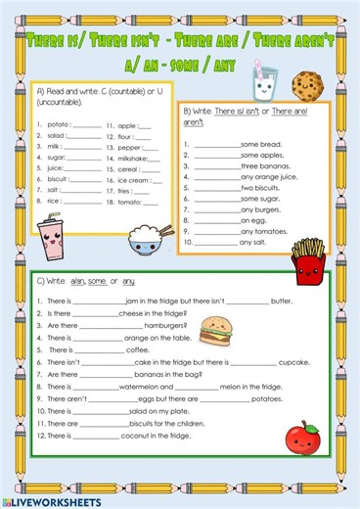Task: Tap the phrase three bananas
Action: [x=262, y=167]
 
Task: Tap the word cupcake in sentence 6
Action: [x=297, y=362]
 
